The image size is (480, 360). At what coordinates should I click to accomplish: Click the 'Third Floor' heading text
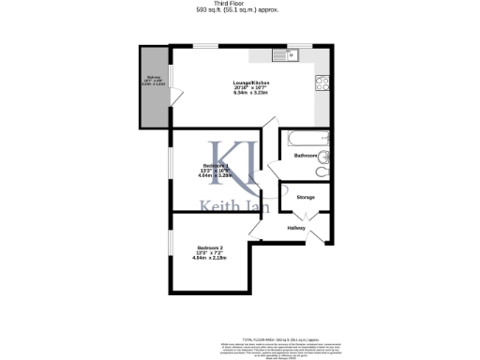pos(239,4)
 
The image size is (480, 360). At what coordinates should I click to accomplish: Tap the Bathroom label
pos(305,155)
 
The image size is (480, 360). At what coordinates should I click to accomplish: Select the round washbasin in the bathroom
pos(324,157)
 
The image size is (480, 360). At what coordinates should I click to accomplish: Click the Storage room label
pos(305,198)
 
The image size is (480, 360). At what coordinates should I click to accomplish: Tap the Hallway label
pos(296,228)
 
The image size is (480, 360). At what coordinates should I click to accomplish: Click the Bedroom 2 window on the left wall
pos(171,246)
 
